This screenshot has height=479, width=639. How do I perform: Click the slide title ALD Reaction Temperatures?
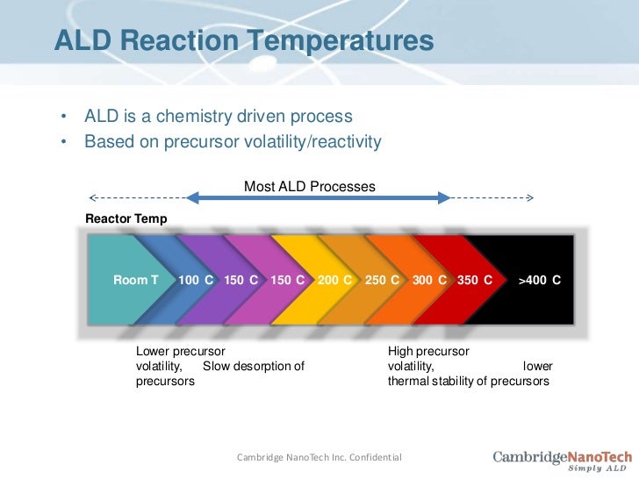(244, 40)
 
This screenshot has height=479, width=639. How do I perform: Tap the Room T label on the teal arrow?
(136, 281)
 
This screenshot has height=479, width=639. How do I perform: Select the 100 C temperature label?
(196, 281)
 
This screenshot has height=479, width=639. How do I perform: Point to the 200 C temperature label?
(334, 281)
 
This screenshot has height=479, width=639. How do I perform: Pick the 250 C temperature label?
(382, 281)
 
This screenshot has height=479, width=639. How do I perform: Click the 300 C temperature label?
(429, 281)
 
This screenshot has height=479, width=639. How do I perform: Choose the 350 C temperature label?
(475, 281)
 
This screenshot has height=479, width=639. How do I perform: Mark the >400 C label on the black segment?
(539, 281)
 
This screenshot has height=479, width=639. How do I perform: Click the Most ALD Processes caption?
(309, 187)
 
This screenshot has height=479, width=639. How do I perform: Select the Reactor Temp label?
(126, 218)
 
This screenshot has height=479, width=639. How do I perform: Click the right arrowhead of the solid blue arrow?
(444, 199)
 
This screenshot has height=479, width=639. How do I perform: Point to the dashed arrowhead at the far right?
(528, 199)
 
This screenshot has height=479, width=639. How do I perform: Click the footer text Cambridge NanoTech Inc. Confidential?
(319, 457)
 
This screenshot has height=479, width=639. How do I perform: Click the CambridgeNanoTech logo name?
(562, 455)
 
